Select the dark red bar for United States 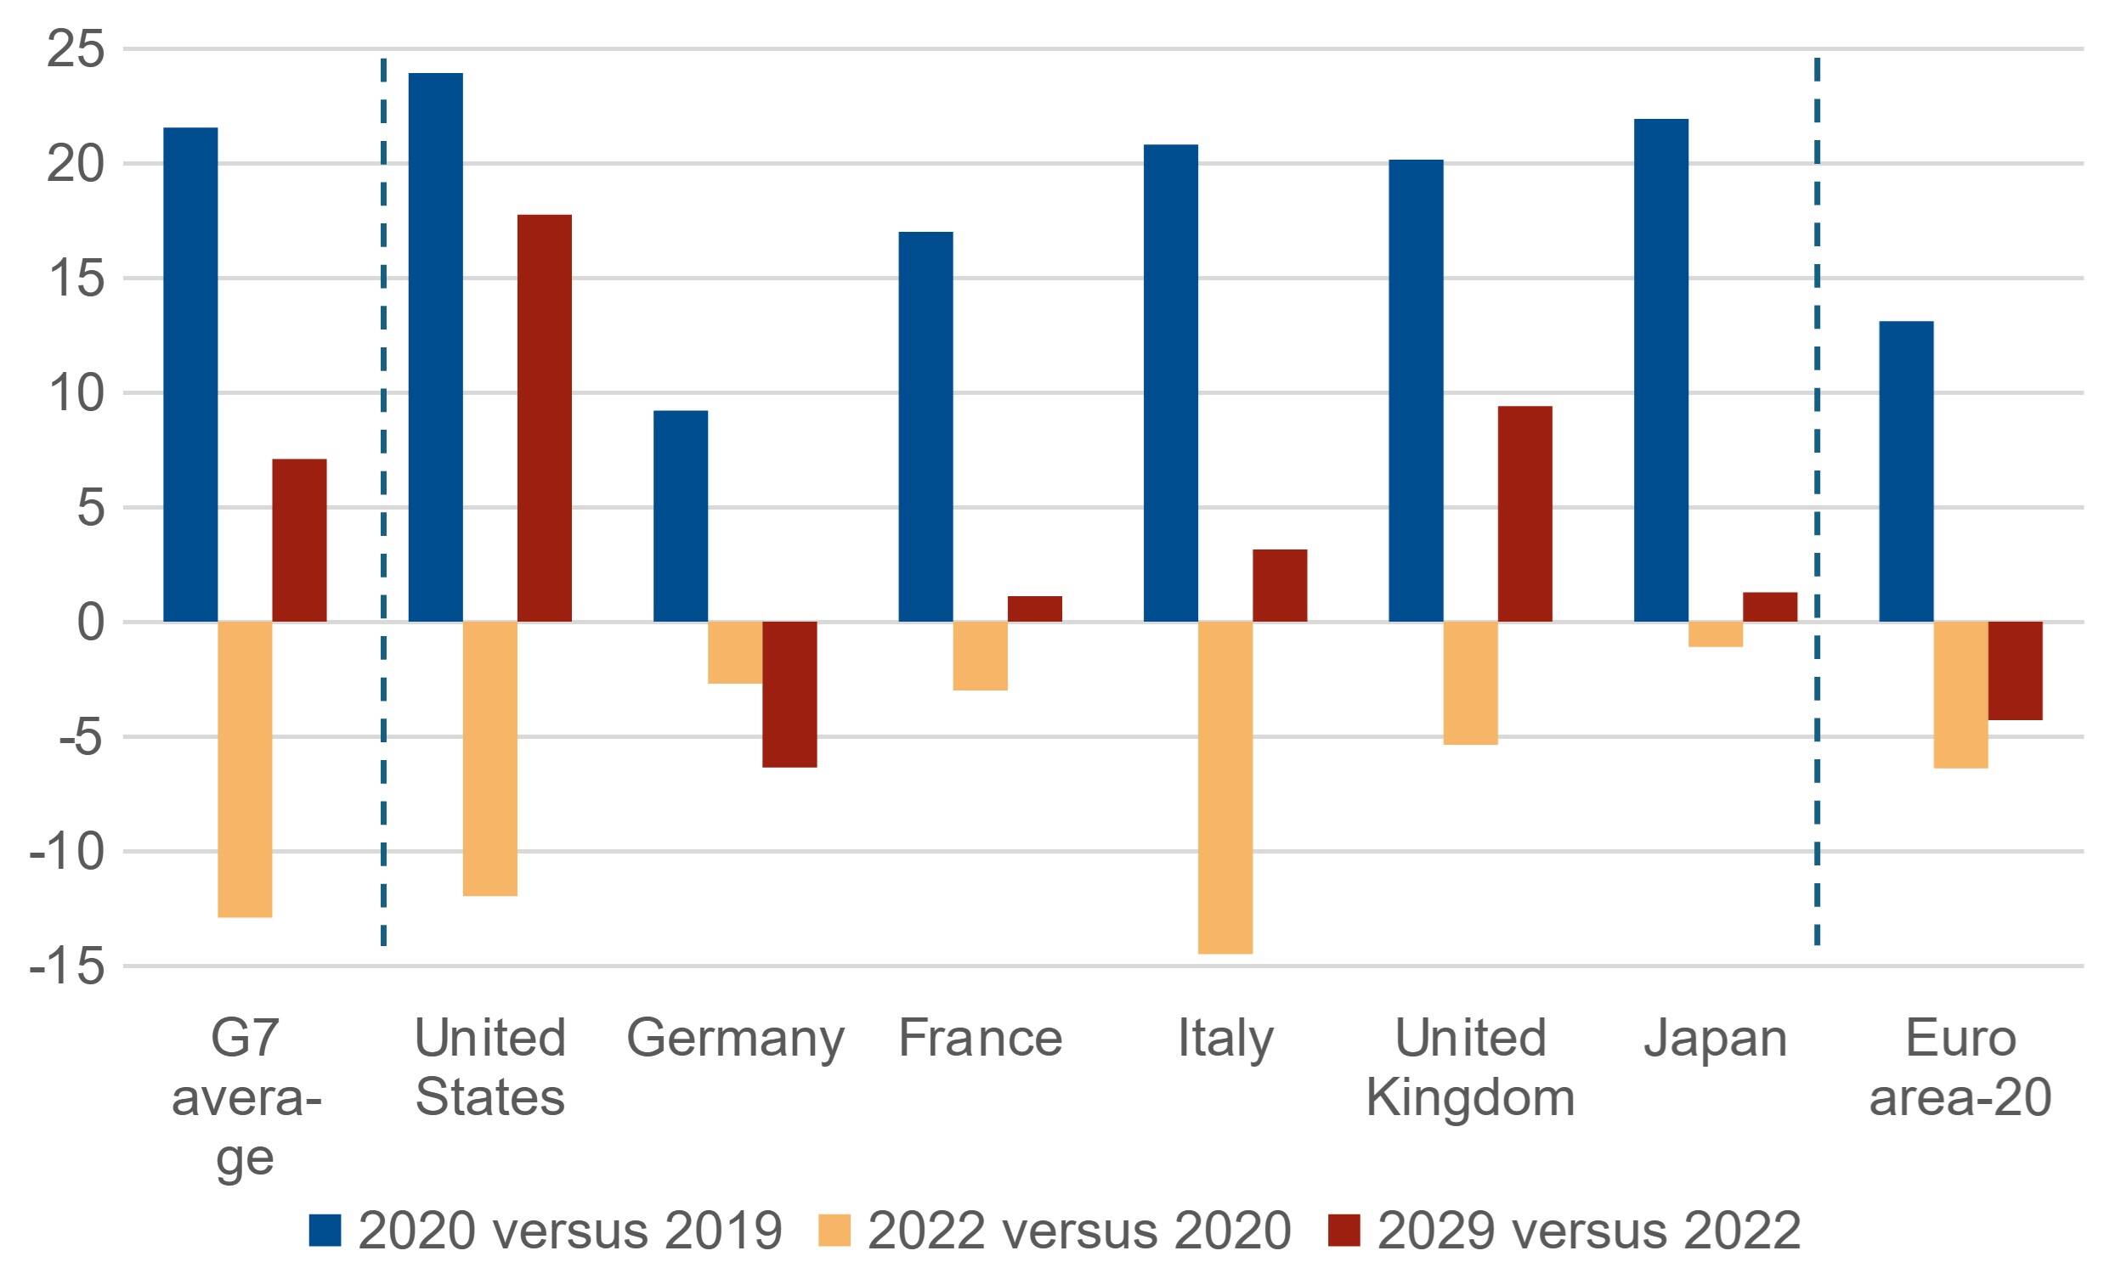(545, 419)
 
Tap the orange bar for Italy (1225, 787)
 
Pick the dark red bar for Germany (789, 694)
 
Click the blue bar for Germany (681, 516)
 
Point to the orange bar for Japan (1715, 634)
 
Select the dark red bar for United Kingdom (1524, 515)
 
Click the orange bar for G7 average (245, 769)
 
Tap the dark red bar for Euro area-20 (2015, 671)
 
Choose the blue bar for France (925, 427)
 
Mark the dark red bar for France (1034, 609)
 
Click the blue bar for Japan (1660, 371)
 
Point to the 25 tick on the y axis (76, 48)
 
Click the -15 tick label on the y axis (68, 966)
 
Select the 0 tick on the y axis (90, 622)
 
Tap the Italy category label (1225, 1039)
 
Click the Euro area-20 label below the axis (1960, 1068)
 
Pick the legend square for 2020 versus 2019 (324, 1230)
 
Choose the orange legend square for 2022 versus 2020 (834, 1230)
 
